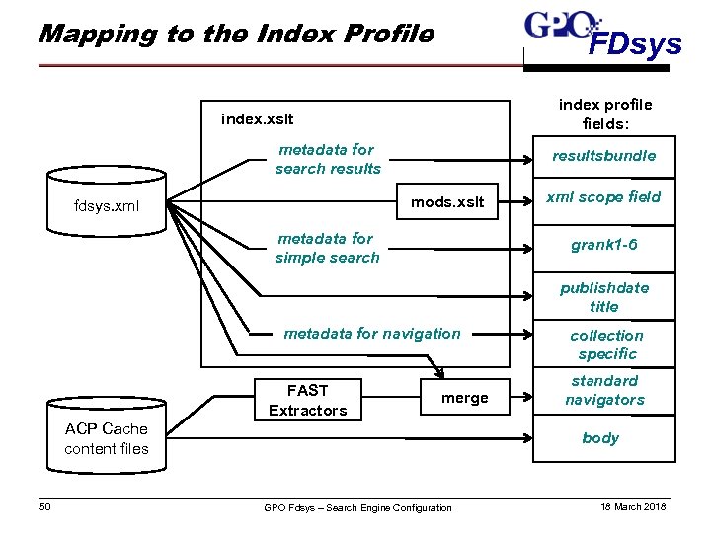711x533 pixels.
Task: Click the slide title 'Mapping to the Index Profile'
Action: [x=235, y=35]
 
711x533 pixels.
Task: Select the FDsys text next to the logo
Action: [x=635, y=44]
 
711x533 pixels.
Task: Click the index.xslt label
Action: [x=257, y=119]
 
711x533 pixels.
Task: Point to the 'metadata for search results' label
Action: [x=327, y=159]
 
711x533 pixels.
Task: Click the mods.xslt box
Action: [x=447, y=202]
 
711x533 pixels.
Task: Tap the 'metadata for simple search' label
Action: [x=327, y=248]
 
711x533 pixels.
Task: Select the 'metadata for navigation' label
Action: [x=371, y=334]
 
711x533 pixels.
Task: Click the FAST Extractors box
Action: [x=308, y=400]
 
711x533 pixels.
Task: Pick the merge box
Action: [x=464, y=398]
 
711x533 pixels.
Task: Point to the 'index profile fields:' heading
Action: [x=604, y=114]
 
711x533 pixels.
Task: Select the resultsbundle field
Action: [x=603, y=156]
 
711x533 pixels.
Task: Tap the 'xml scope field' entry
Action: [x=603, y=196]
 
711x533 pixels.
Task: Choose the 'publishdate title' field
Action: [x=603, y=297]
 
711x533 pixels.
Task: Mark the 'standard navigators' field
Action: [x=603, y=390]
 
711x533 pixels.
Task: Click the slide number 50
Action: [x=44, y=507]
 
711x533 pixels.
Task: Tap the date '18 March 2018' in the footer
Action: [x=633, y=507]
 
